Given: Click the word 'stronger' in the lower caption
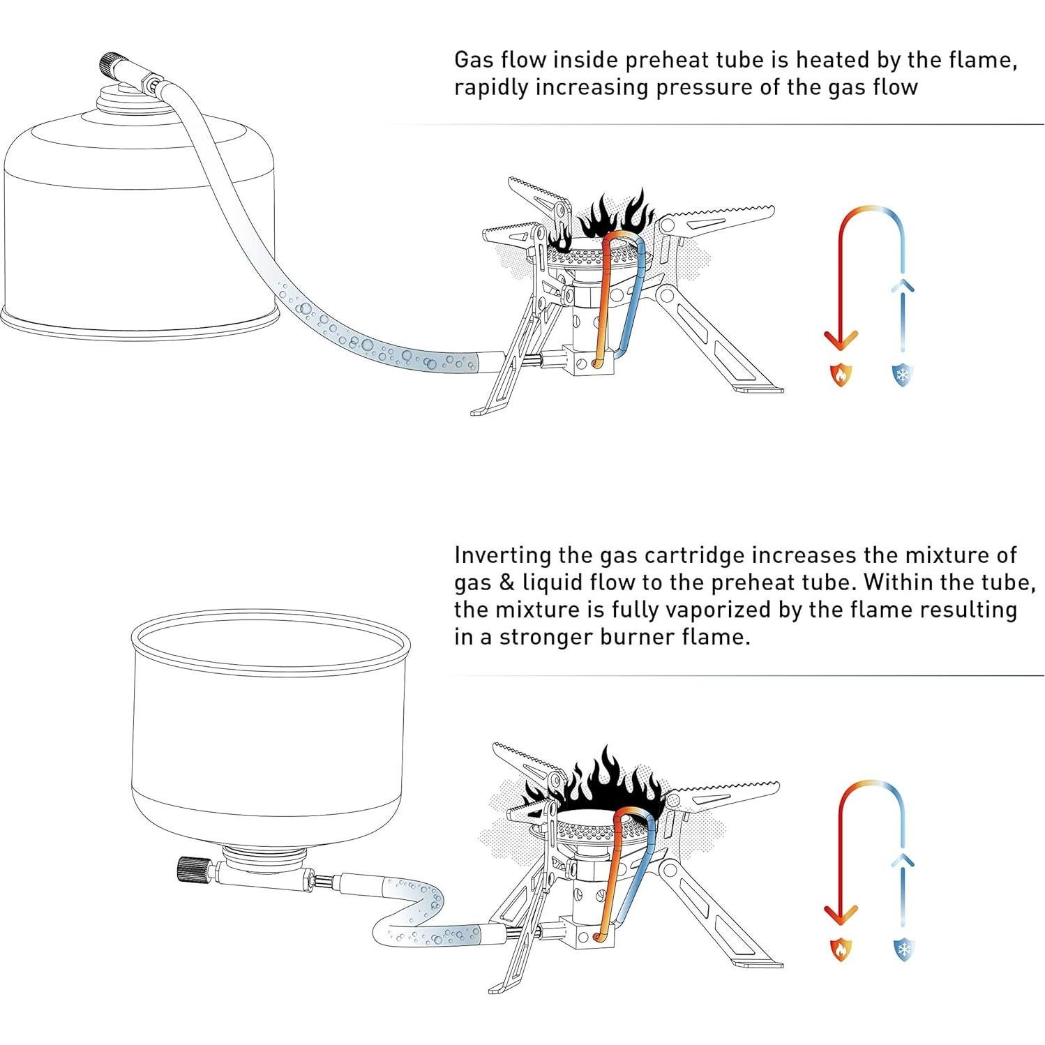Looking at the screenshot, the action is (543, 638).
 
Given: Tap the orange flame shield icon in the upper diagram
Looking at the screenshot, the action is (841, 375).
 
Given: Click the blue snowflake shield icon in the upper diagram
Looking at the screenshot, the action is (903, 375).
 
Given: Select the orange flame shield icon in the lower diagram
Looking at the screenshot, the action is (841, 949).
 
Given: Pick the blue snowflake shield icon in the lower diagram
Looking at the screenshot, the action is (903, 949).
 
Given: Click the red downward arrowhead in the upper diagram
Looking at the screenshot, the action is (841, 341).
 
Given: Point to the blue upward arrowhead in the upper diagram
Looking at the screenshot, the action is (903, 285).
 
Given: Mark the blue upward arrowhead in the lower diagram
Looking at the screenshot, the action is (903, 859).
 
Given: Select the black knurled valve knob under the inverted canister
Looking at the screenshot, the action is (190, 870).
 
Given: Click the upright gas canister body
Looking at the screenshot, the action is (140, 230).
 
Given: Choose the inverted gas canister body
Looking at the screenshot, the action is (270, 726).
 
